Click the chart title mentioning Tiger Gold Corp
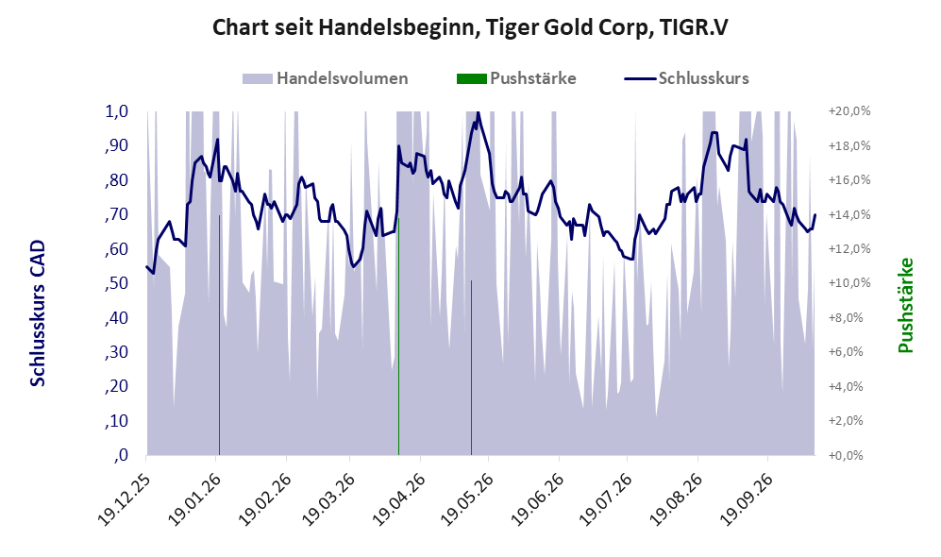(470, 27)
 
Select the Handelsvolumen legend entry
(326, 78)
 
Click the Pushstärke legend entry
(516, 78)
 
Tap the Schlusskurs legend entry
(686, 78)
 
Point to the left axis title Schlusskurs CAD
(38, 313)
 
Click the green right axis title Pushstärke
(905, 306)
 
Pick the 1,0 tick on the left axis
(116, 111)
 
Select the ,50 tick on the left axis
(116, 282)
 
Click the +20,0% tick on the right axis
(849, 111)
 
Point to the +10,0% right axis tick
(849, 282)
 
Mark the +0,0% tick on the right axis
(849, 455)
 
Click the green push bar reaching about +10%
(471, 367)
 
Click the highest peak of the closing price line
(478, 112)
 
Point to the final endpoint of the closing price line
(815, 215)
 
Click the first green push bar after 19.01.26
(219, 335)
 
